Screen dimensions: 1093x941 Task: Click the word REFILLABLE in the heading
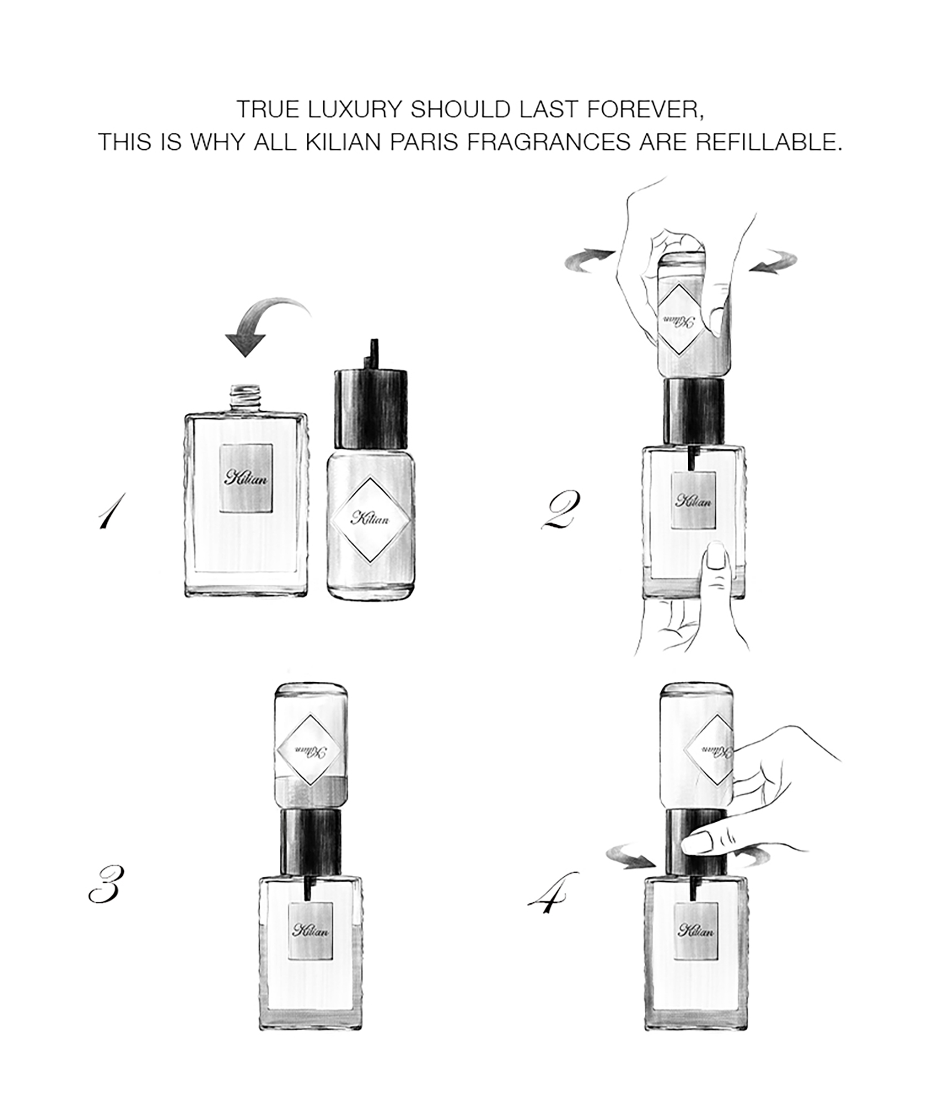[768, 142]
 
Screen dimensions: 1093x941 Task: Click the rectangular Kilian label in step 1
[246, 478]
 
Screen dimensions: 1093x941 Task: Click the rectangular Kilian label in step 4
[696, 931]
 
